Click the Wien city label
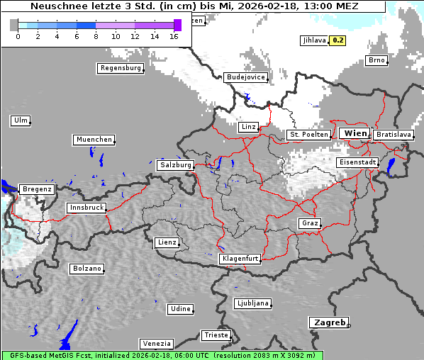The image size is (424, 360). [x=355, y=133]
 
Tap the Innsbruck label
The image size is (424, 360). [x=87, y=208]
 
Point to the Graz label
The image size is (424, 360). [x=309, y=223]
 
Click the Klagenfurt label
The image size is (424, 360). [x=240, y=259]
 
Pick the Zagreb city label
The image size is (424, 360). [x=329, y=322]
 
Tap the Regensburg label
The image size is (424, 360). [x=121, y=68]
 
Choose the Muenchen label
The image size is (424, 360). [x=94, y=140]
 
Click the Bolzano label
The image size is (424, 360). [x=87, y=269]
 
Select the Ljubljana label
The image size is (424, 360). [x=252, y=303]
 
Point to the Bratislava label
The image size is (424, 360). [x=393, y=134]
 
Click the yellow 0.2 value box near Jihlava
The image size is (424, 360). [x=338, y=40]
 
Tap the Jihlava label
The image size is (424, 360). [x=313, y=40]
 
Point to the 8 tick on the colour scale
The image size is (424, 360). [x=96, y=36]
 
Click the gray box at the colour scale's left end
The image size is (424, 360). [x=14, y=25]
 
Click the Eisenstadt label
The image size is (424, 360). [x=357, y=162]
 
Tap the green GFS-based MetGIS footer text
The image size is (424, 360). [x=162, y=355]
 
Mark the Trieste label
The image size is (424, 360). [x=216, y=335]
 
